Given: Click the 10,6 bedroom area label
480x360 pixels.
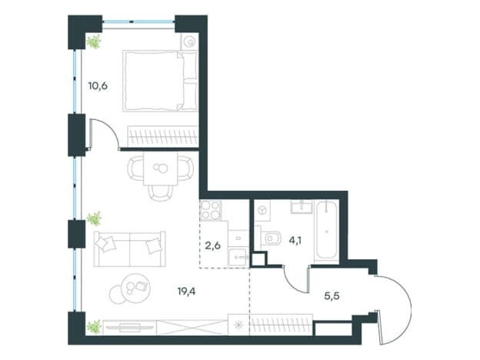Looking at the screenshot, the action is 98,86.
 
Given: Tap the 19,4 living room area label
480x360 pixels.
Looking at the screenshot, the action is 186,291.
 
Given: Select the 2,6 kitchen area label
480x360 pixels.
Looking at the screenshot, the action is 213,245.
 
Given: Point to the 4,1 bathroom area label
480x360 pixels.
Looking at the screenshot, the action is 295,240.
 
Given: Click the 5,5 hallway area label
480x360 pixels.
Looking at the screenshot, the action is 332,295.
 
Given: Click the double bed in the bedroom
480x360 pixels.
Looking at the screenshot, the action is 160,81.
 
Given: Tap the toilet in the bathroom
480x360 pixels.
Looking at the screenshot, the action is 271,238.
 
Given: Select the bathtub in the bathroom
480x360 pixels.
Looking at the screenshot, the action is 327,231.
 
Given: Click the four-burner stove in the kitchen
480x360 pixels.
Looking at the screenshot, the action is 210,211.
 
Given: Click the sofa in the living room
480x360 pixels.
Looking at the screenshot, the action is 130,249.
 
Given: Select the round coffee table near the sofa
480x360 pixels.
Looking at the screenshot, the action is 135,288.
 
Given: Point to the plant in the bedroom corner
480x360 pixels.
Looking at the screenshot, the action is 94,42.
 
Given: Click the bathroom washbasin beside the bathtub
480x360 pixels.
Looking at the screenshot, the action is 302,207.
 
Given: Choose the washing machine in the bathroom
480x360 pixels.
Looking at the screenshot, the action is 262,210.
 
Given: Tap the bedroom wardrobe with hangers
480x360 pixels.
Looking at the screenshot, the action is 162,136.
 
